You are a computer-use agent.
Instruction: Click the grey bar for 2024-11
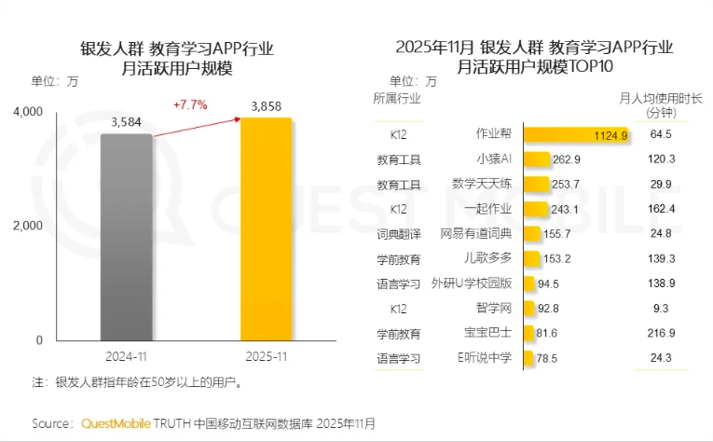click(x=126, y=238)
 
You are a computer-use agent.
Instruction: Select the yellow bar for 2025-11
click(x=267, y=228)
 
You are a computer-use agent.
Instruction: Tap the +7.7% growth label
click(x=189, y=105)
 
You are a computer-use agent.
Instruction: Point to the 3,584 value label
click(x=126, y=122)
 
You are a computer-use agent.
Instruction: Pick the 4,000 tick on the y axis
click(x=28, y=112)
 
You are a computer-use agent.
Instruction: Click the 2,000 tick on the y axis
click(x=28, y=226)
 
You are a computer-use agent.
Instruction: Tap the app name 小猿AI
click(x=494, y=159)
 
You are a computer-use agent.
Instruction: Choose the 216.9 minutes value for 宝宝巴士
click(x=661, y=333)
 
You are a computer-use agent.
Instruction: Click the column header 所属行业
click(x=396, y=98)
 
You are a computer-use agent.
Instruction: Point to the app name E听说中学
click(x=484, y=358)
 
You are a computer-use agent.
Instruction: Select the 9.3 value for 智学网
click(x=661, y=309)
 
